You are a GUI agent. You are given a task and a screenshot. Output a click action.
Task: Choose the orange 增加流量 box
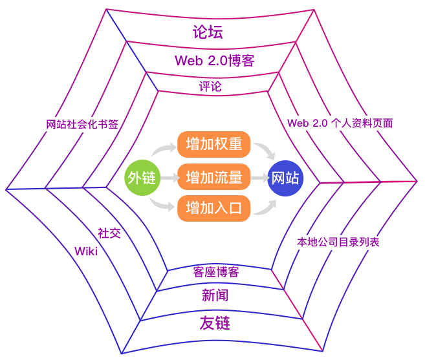213,176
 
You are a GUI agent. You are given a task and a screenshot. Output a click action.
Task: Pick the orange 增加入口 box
213,208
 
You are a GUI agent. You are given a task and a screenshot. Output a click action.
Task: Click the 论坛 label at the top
208,33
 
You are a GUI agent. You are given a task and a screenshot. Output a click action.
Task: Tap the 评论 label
210,86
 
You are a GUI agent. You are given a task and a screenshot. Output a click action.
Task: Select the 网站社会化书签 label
82,125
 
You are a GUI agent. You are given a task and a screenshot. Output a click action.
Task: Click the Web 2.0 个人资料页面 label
340,123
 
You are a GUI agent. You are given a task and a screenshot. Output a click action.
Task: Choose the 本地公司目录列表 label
338,242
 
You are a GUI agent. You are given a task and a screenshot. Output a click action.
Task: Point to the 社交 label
109,233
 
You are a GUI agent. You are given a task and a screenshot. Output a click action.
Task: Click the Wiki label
85,251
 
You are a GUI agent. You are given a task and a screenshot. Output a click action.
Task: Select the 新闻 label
215,295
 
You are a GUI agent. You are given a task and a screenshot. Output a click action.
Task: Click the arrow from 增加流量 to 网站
259,176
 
